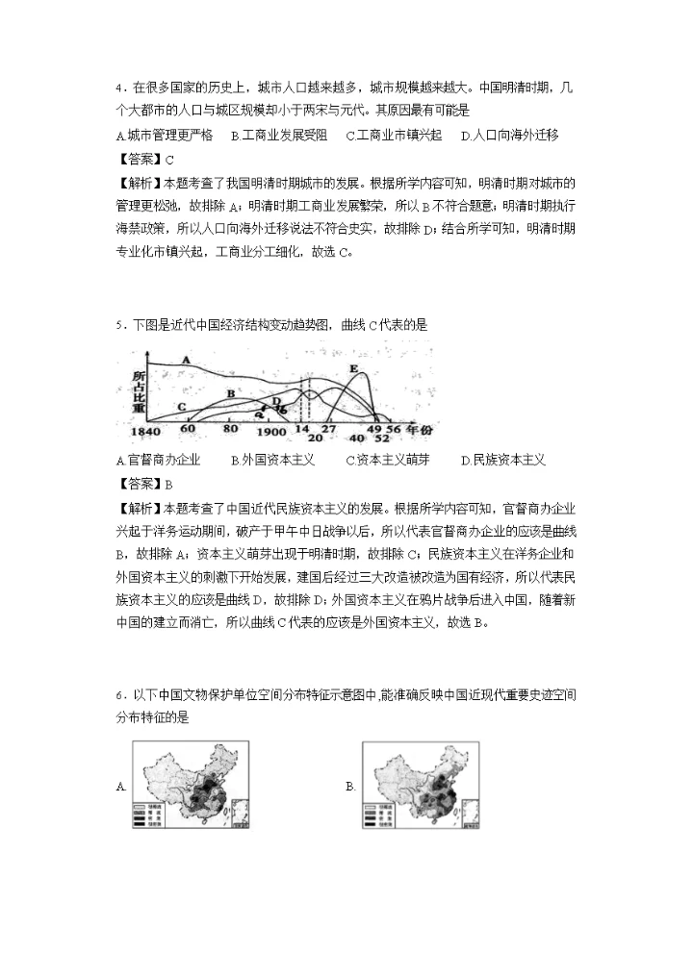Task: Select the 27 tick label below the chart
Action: click(328, 428)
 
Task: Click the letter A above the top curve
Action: click(185, 358)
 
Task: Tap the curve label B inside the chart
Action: click(231, 393)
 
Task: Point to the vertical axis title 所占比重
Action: click(139, 390)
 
